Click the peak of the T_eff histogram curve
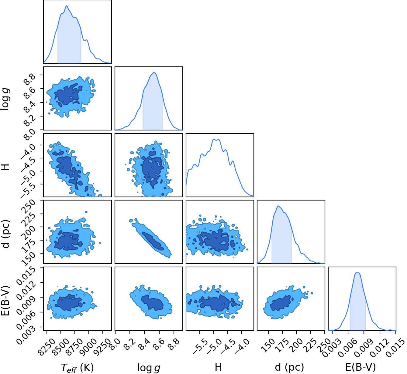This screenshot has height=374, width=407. click(x=67, y=5)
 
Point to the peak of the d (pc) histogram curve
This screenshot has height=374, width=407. click(x=278, y=206)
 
